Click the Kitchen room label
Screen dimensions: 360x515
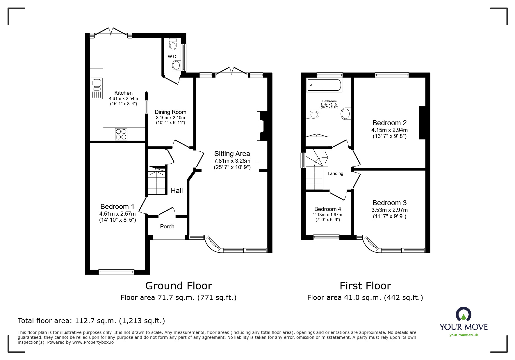point(123,93)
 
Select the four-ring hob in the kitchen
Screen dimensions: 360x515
point(121,134)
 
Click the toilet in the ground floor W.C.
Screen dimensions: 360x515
point(173,45)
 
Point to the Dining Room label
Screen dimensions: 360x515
point(170,112)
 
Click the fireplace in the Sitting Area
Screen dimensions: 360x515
point(261,126)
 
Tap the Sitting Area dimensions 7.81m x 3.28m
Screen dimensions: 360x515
point(232,161)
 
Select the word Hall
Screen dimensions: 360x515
point(177,191)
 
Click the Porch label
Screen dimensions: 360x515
point(167,226)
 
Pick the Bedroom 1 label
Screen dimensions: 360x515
point(117,207)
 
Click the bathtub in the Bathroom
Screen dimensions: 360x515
point(324,85)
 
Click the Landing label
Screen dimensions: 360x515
point(335,173)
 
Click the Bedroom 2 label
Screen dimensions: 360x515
point(389,123)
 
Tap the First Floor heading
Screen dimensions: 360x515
point(365,286)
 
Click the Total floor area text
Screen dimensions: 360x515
point(91,321)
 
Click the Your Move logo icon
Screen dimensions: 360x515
point(463,315)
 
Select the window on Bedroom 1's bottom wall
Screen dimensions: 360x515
point(116,272)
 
